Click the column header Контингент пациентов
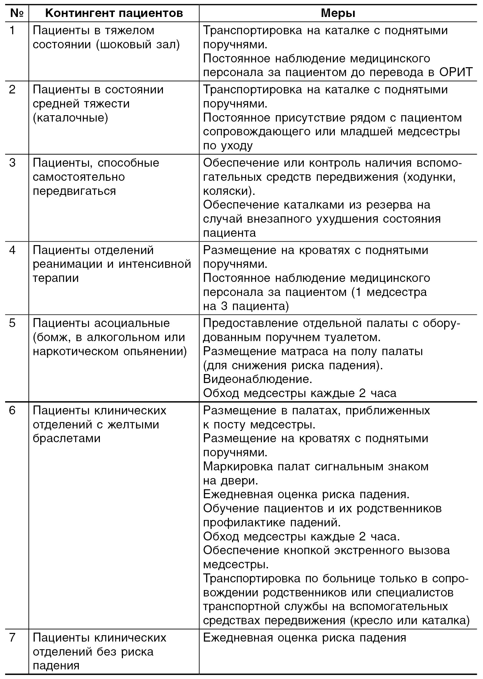[x=114, y=13]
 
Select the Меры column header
[x=338, y=13]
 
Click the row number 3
[x=12, y=163]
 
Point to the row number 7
[x=12, y=637]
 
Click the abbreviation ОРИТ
[x=455, y=72]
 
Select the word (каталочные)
[x=70, y=118]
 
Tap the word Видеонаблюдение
[x=257, y=379]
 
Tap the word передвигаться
[x=74, y=191]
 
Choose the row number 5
[x=12, y=323]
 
